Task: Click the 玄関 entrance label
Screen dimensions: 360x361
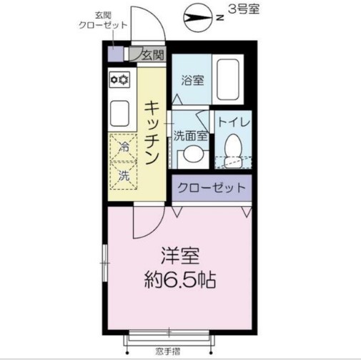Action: (152, 54)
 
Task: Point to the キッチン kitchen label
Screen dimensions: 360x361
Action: (152, 132)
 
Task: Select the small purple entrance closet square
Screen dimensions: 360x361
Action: (114, 54)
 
